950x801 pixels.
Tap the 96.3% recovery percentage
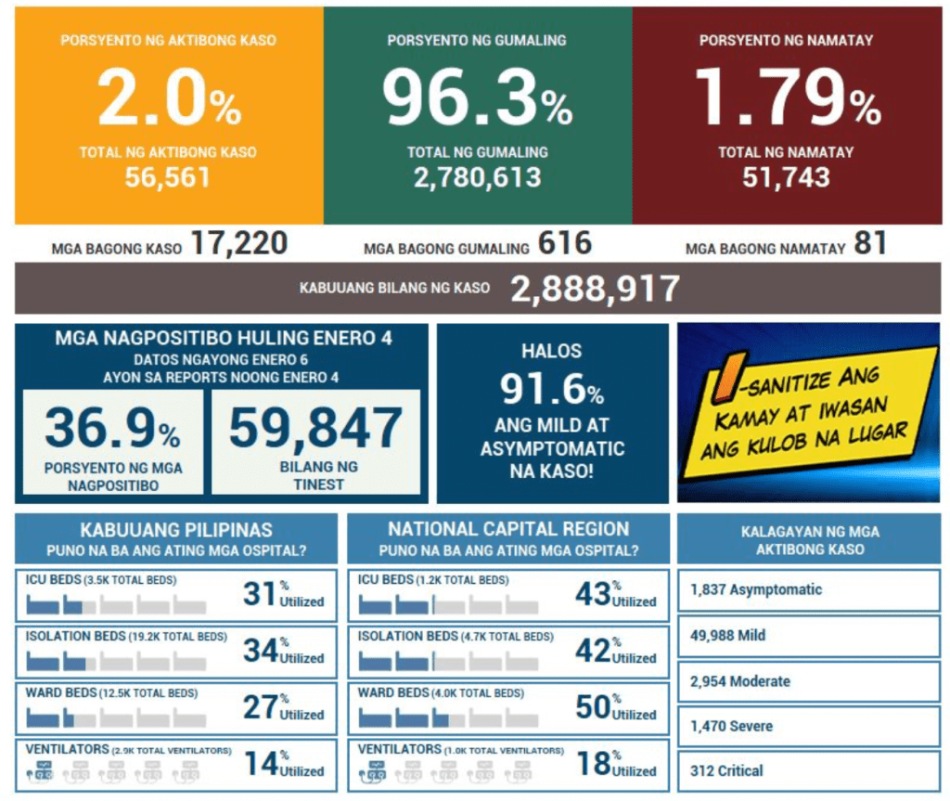[477, 99]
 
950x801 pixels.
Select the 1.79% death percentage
[788, 99]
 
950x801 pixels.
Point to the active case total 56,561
[168, 176]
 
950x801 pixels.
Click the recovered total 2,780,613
[477, 176]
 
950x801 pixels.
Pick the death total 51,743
[786, 176]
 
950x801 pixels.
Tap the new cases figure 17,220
[239, 244]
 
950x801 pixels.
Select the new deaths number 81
[871, 244]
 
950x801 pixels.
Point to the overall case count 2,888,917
[595, 289]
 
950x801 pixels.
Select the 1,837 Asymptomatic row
[808, 590]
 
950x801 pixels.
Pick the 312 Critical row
[808, 770]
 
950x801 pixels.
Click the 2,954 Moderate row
[808, 681]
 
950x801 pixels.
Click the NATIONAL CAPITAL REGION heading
[508, 529]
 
